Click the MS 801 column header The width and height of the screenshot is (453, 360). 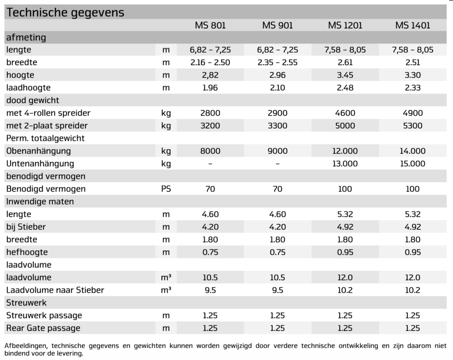[x=210, y=25]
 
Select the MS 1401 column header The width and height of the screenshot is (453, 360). [x=412, y=25]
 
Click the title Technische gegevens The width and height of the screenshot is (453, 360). [x=65, y=12]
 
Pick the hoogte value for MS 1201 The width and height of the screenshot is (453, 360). [x=345, y=75]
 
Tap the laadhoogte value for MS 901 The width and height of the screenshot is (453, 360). [x=277, y=88]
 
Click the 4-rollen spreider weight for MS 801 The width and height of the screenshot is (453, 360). [x=210, y=113]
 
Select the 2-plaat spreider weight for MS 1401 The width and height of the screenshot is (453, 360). [x=412, y=126]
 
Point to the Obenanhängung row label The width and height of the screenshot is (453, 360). [x=38, y=151]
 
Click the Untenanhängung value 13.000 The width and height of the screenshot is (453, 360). [x=345, y=164]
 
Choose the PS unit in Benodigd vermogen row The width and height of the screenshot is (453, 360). [x=166, y=189]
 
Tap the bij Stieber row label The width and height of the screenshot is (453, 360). [x=26, y=227]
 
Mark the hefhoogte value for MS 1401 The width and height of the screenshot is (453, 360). [x=412, y=252]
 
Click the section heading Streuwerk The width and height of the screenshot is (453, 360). [x=27, y=303]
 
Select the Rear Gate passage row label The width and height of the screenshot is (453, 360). [x=43, y=328]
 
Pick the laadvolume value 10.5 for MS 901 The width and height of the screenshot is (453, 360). [x=277, y=278]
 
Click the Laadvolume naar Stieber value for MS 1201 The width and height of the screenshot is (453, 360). [x=345, y=290]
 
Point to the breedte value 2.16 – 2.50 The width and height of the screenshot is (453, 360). [x=210, y=62]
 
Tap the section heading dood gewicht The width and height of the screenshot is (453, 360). [x=33, y=101]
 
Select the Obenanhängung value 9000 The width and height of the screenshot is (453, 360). [x=277, y=151]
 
